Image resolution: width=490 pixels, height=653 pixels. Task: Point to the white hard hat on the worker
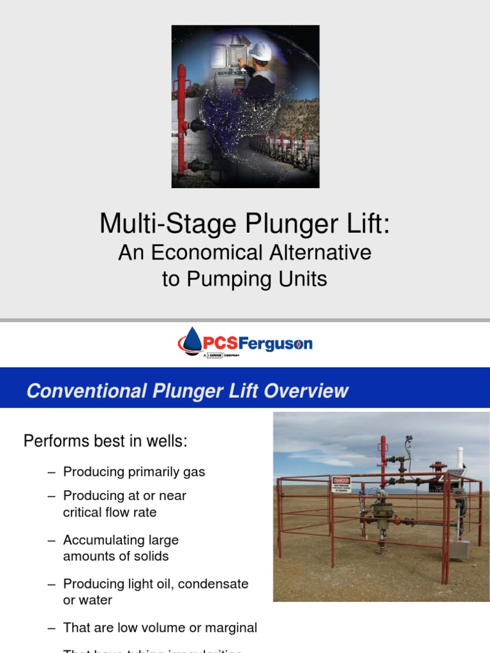click(x=260, y=50)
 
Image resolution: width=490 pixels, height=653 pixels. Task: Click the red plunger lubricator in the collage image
click(x=181, y=115)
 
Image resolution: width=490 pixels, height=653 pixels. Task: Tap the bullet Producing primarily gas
click(x=134, y=472)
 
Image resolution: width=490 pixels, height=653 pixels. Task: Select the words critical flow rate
click(x=109, y=512)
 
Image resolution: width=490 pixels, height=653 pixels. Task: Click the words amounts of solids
click(x=115, y=556)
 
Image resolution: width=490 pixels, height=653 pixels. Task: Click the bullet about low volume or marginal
click(x=160, y=627)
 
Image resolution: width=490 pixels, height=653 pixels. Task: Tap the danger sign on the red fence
click(x=341, y=483)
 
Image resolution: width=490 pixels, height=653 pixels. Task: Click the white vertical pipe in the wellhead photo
click(x=459, y=459)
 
